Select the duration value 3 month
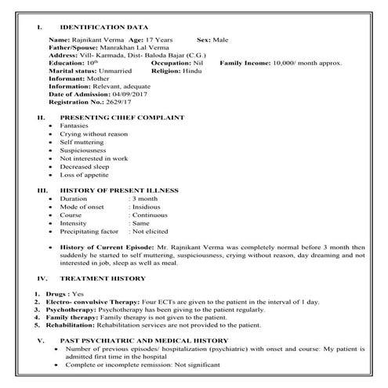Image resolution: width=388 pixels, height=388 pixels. point(148,200)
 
